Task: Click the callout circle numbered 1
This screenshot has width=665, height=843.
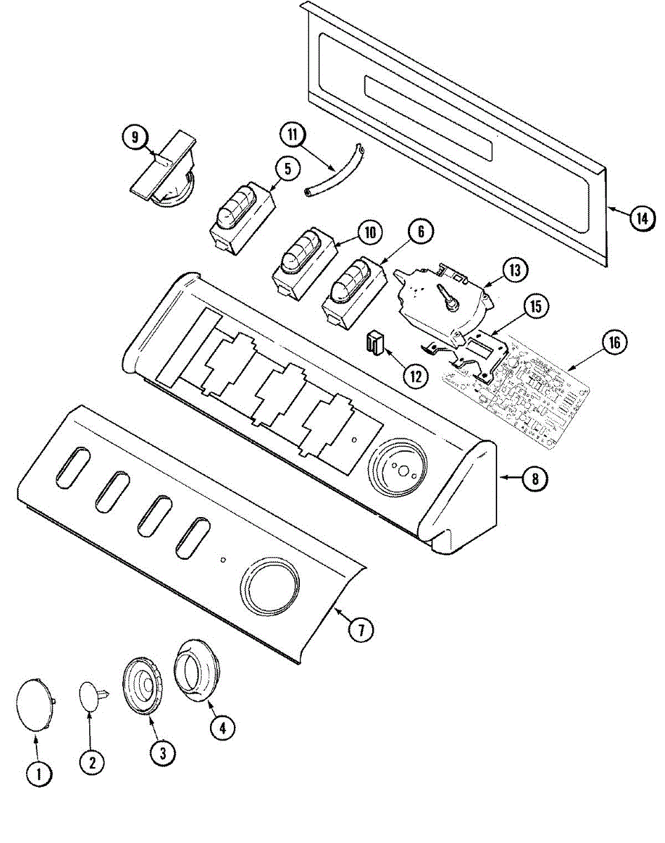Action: (x=39, y=775)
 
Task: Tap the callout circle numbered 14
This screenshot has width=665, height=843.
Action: (x=640, y=218)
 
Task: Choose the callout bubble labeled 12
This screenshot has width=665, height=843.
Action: (x=416, y=374)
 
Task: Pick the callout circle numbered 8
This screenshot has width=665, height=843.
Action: (x=535, y=479)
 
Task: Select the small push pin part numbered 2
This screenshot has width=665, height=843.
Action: (x=91, y=695)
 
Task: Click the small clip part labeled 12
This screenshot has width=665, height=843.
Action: (x=375, y=344)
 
